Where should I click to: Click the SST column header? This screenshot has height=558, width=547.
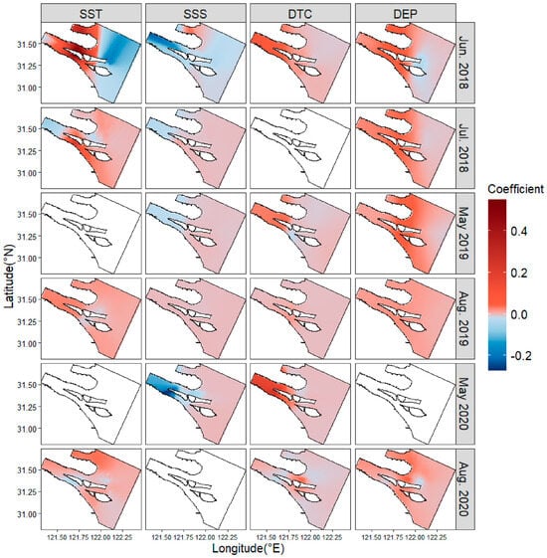coord(91,14)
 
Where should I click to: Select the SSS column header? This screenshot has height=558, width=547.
coord(195,14)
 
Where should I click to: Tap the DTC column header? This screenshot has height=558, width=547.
coord(299,14)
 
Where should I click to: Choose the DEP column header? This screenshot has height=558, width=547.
coord(405,14)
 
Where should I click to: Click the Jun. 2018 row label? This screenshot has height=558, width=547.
coord(463,63)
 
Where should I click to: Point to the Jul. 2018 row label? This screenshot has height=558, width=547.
coord(463,147)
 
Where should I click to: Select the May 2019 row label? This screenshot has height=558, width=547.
coord(463,233)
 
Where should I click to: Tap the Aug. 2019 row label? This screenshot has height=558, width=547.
coord(463,318)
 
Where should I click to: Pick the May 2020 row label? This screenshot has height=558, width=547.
coord(463,404)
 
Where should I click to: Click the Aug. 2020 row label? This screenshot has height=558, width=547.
coord(463,489)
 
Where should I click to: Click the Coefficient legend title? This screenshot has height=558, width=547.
coord(516,189)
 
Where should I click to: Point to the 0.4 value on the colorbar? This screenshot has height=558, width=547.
coord(519,231)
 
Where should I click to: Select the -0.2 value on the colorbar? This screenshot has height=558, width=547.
coord(521,356)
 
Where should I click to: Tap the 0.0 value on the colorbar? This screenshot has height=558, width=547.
coord(519,314)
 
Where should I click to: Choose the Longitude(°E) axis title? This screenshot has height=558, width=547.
coord(248,548)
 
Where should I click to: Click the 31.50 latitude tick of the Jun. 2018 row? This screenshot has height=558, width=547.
coord(27,44)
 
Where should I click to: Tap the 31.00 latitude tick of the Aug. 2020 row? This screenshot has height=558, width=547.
coord(27,514)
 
